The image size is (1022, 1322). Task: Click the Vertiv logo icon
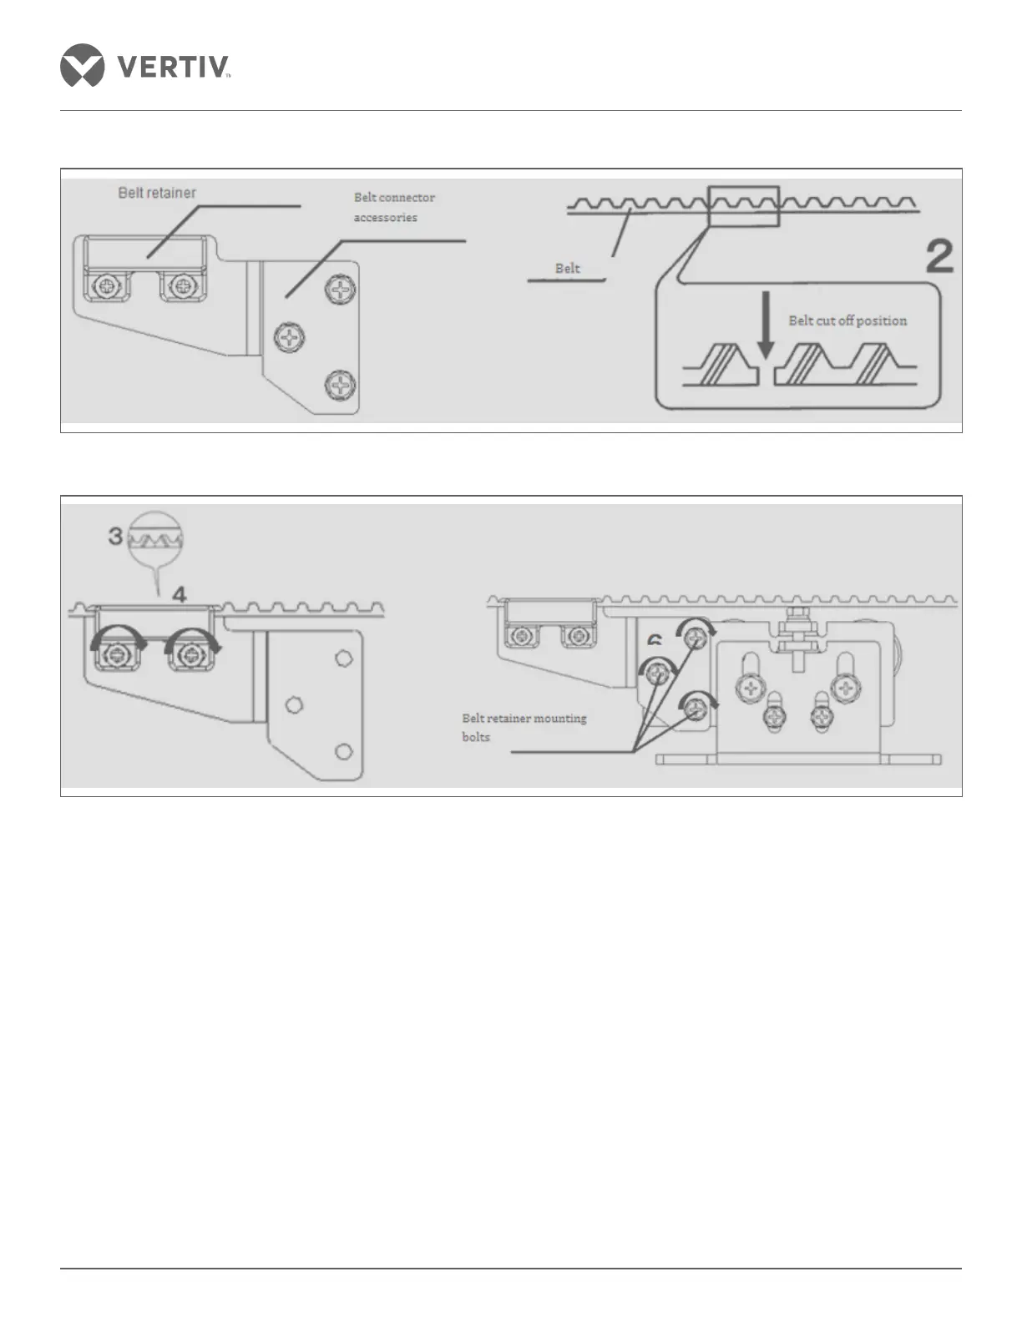click(x=82, y=65)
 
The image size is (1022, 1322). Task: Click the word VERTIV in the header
click(x=173, y=66)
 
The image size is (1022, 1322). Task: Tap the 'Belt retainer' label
click(x=157, y=193)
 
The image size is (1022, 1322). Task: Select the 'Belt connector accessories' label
click(x=393, y=207)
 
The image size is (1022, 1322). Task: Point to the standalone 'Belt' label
click(x=567, y=269)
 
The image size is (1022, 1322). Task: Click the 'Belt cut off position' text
click(x=847, y=320)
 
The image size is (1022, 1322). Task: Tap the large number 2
click(x=939, y=257)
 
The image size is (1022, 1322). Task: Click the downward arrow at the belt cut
click(x=766, y=342)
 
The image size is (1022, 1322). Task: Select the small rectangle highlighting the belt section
click(x=742, y=206)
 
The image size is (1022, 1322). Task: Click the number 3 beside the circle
click(x=116, y=535)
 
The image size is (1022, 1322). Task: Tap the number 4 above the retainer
click(x=179, y=594)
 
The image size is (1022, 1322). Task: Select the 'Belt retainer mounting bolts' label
click(x=524, y=727)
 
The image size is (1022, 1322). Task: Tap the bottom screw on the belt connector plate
click(x=341, y=385)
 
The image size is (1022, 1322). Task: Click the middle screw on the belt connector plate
click(x=290, y=338)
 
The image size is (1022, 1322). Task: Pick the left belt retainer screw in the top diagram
click(x=108, y=287)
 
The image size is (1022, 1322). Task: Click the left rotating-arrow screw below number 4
click(x=113, y=651)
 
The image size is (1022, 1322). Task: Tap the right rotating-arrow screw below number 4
click(x=188, y=651)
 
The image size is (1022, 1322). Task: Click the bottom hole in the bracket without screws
click(x=342, y=751)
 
